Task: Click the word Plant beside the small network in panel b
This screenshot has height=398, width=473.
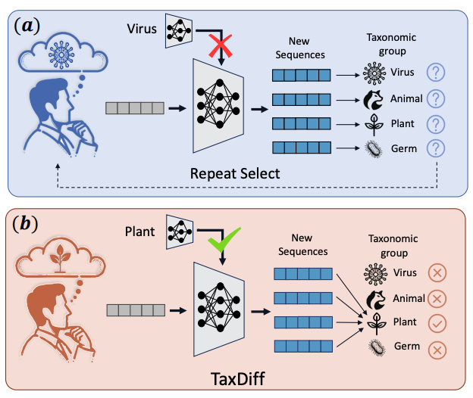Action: click(142, 228)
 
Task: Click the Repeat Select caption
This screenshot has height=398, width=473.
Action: click(235, 173)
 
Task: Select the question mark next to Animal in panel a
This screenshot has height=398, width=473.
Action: click(435, 98)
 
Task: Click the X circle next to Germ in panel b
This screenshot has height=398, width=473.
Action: click(436, 349)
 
